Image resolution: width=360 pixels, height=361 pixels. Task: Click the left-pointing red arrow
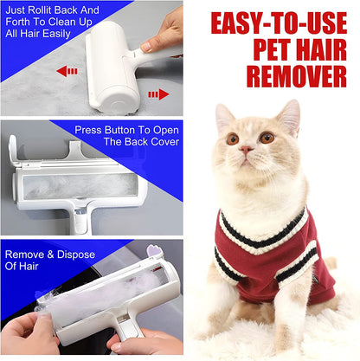tap(66, 71)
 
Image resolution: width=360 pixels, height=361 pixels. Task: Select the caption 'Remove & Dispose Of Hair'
tap(43, 261)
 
